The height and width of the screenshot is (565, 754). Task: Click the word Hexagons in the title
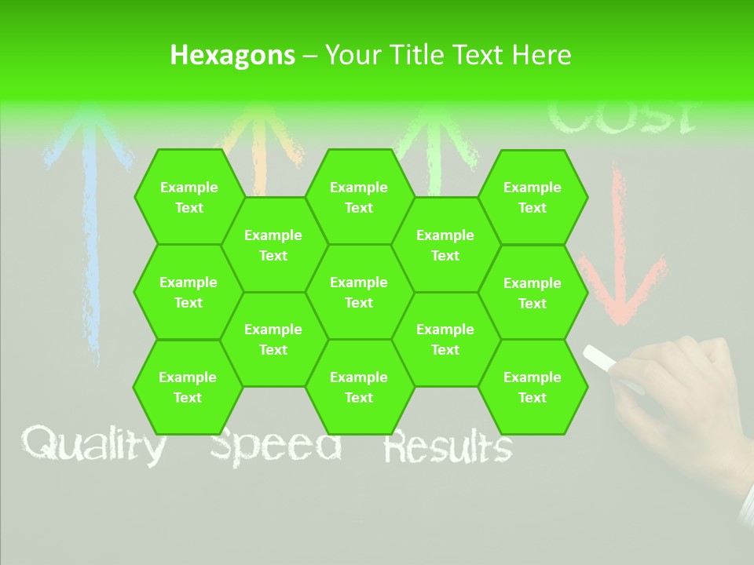click(x=232, y=55)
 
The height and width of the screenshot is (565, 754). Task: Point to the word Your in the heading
click(x=352, y=55)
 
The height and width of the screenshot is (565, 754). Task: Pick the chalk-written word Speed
click(x=276, y=446)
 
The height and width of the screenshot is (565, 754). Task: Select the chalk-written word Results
click(x=448, y=447)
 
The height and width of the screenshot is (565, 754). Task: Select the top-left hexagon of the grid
click(x=188, y=197)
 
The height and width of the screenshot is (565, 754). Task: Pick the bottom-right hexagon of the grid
click(x=533, y=387)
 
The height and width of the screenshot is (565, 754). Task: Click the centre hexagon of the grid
click(x=359, y=292)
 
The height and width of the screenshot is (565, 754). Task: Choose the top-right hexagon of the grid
click(x=533, y=197)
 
